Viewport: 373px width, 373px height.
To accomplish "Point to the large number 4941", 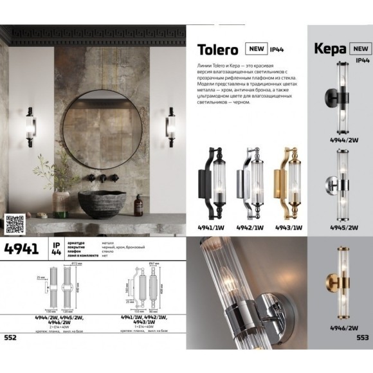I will [x=22, y=250].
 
